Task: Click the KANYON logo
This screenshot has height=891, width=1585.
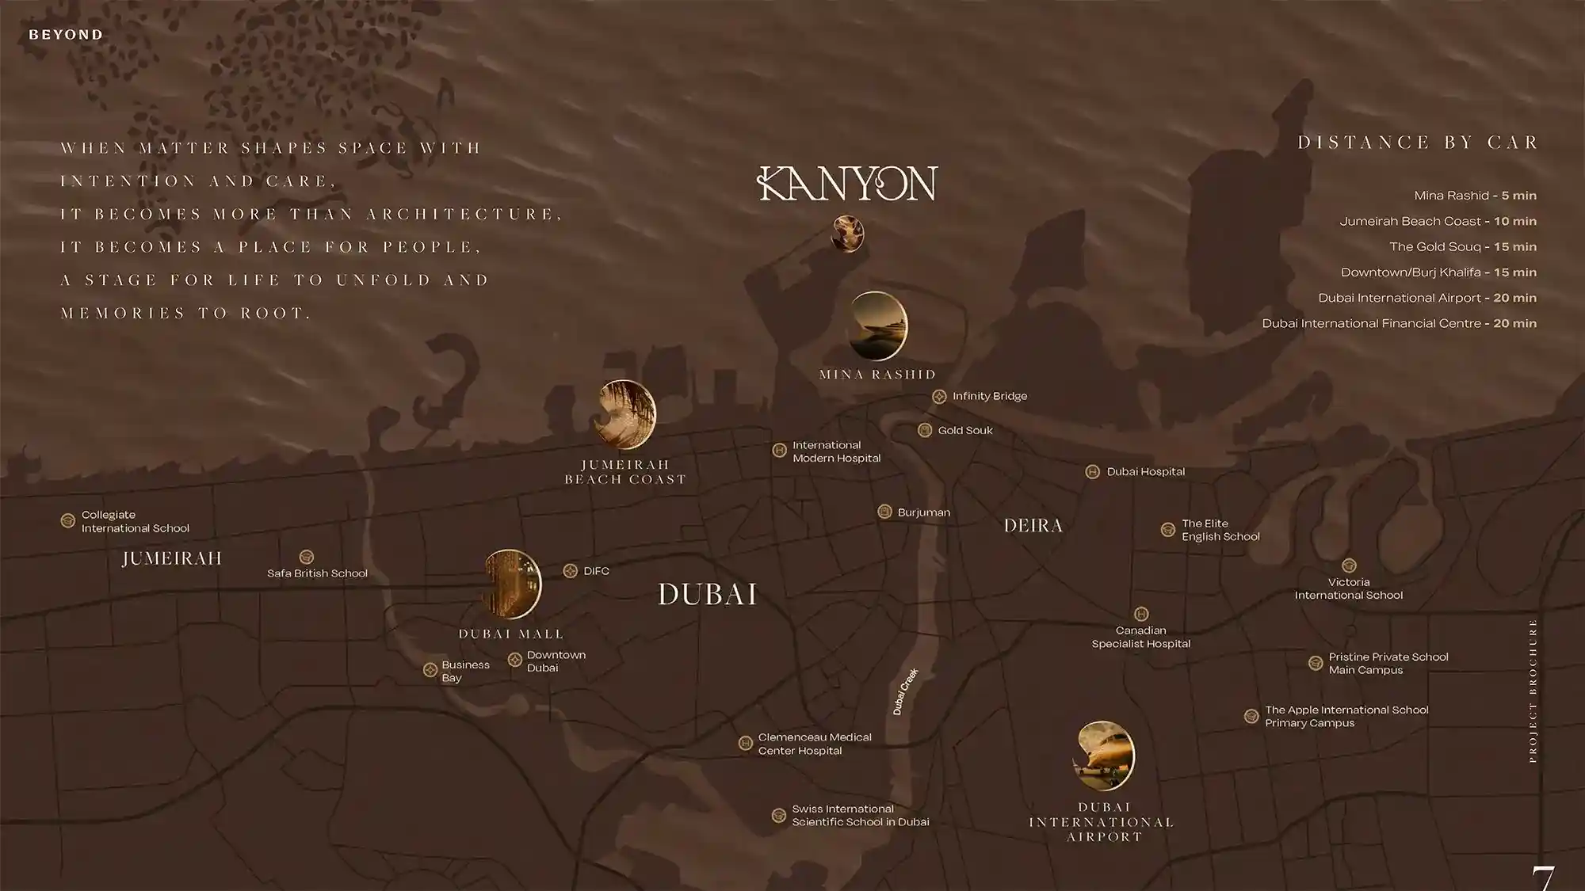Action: pos(847,184)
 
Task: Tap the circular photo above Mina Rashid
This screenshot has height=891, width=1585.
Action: pos(877,326)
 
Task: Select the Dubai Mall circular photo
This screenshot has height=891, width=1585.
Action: pos(512,584)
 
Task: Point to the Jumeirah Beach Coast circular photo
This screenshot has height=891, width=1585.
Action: pos(626,415)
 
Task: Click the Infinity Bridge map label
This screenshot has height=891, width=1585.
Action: pos(989,396)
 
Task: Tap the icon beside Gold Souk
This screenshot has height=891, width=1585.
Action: pos(924,430)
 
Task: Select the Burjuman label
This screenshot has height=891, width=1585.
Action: pos(923,512)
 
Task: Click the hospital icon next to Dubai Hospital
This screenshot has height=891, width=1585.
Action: pos(1092,472)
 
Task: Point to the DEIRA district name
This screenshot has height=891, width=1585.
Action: pos(1033,526)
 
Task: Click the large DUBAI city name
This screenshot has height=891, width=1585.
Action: pos(707,594)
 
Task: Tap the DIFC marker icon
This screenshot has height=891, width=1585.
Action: pos(570,571)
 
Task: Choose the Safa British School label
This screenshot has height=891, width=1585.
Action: pos(317,573)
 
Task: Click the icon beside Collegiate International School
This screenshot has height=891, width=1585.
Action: pos(68,521)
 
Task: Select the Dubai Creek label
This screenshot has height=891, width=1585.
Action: pos(905,691)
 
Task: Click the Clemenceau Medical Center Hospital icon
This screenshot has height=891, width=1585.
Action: pos(745,743)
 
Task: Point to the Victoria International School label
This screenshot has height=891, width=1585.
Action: pos(1348,588)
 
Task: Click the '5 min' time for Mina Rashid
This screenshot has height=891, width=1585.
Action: pos(1518,196)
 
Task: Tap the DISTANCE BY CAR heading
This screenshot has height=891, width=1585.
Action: pos(1417,143)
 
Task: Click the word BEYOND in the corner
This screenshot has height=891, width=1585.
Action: pos(66,35)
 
